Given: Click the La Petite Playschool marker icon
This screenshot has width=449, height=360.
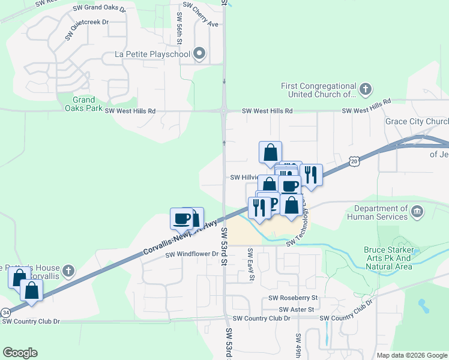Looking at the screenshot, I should click(x=200, y=55).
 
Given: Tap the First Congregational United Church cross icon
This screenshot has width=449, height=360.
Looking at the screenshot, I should click(x=365, y=90).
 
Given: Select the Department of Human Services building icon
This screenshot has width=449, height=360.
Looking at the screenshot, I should click(x=417, y=212).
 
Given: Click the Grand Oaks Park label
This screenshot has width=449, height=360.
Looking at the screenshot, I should click(x=84, y=104).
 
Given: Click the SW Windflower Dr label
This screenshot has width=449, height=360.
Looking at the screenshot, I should click(x=191, y=254).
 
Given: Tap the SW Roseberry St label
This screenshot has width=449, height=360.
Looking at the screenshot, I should click(x=293, y=298).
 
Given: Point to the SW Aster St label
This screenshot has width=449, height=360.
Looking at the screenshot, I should click(x=292, y=309).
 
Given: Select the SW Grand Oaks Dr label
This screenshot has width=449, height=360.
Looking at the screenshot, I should click(x=100, y=10).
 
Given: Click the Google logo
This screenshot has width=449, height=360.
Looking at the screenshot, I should click(x=20, y=353).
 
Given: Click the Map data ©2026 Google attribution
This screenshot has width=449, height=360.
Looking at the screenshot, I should click(x=412, y=355).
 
